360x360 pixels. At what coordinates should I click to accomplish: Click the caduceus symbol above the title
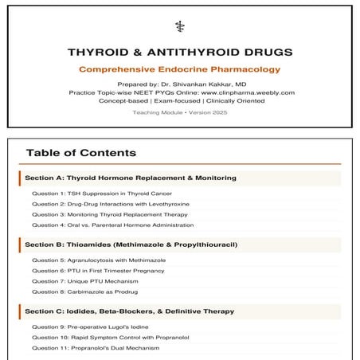[180, 25]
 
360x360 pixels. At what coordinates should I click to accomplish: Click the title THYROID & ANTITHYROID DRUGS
[180, 53]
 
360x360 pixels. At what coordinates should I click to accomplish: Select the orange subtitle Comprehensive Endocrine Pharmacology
[180, 70]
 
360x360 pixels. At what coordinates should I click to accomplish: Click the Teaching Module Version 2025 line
[180, 112]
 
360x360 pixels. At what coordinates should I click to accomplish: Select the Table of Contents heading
[80, 153]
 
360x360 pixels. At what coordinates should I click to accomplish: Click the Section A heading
[131, 178]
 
